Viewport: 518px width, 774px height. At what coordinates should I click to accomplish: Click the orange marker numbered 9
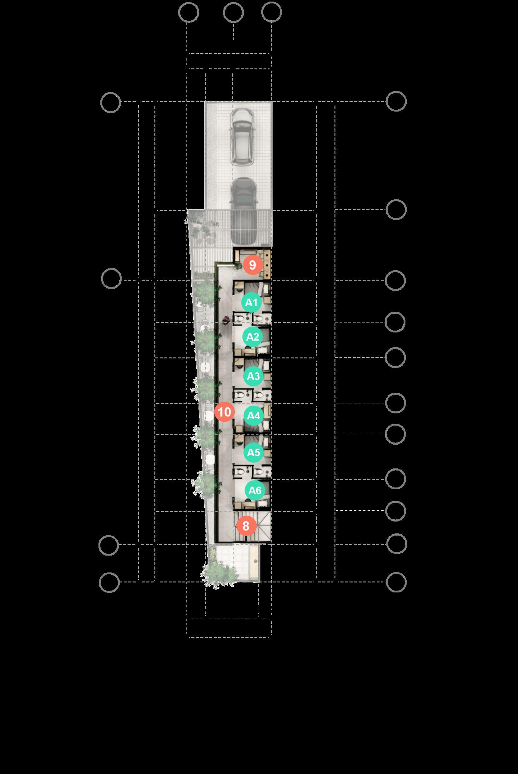[253, 265]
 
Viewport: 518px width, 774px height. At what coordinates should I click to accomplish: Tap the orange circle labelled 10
[224, 412]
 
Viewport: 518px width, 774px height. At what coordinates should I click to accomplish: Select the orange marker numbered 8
[246, 526]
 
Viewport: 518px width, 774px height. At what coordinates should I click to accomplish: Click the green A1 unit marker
[251, 302]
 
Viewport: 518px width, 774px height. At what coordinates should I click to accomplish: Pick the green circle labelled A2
[253, 337]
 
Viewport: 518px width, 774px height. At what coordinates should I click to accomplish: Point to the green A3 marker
[254, 376]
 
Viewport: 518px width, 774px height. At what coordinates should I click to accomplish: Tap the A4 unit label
[254, 415]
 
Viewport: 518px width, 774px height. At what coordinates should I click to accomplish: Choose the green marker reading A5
[254, 452]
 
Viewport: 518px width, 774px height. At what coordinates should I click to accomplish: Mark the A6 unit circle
[255, 490]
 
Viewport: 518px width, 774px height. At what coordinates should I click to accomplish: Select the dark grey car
[244, 211]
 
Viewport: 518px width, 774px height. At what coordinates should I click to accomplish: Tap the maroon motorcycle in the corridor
[226, 319]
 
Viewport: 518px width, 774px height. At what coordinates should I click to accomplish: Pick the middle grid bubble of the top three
[233, 12]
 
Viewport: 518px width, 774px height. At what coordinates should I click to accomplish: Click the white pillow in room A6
[263, 503]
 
